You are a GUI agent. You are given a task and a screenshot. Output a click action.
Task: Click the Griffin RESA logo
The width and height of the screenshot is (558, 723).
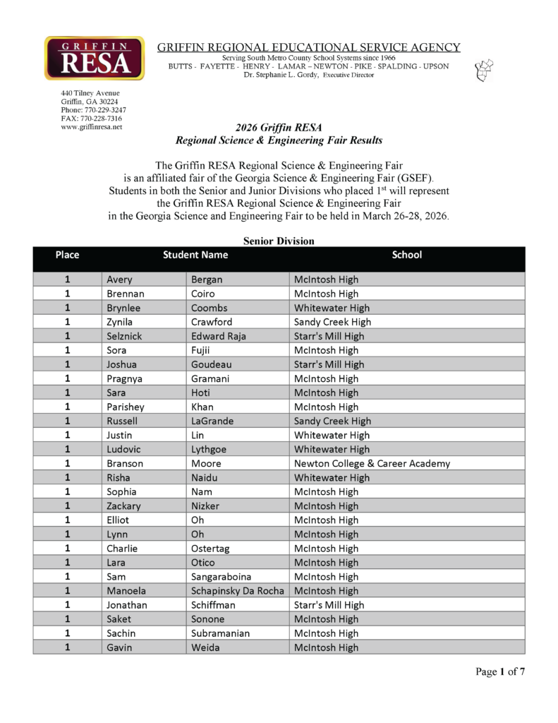click(x=94, y=58)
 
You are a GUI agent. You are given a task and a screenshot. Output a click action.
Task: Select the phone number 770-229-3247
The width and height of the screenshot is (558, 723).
click(x=94, y=109)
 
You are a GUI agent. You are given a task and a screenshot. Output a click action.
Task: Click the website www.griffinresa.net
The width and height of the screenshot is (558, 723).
click(x=92, y=127)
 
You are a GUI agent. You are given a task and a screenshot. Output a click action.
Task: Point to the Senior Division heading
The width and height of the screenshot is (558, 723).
click(x=279, y=241)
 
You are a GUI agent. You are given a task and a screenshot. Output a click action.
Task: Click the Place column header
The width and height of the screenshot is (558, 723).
click(x=67, y=255)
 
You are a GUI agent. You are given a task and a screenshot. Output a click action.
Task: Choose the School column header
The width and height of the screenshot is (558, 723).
click(x=407, y=255)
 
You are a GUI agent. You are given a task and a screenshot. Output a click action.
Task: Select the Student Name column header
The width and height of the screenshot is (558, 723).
click(x=195, y=255)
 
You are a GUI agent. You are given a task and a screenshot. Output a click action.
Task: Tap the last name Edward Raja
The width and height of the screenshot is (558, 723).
click(x=219, y=336)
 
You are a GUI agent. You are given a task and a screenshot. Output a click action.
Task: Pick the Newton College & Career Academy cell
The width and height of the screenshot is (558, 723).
click(x=372, y=463)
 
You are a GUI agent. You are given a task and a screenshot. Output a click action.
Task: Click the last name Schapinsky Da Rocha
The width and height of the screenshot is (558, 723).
click(x=238, y=591)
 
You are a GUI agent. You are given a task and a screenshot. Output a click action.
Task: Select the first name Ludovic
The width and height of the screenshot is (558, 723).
click(x=125, y=449)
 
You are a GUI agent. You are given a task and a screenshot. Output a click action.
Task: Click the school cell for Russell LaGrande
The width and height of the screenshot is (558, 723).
click(x=332, y=421)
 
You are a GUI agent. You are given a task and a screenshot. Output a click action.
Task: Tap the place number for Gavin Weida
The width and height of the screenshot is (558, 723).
click(x=68, y=647)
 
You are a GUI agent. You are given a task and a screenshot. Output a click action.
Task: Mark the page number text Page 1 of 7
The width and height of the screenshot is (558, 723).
click(x=500, y=671)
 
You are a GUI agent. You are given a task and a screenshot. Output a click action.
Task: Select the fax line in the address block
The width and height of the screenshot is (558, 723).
click(x=92, y=119)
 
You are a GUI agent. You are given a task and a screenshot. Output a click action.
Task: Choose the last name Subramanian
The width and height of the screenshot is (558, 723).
click(x=220, y=633)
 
